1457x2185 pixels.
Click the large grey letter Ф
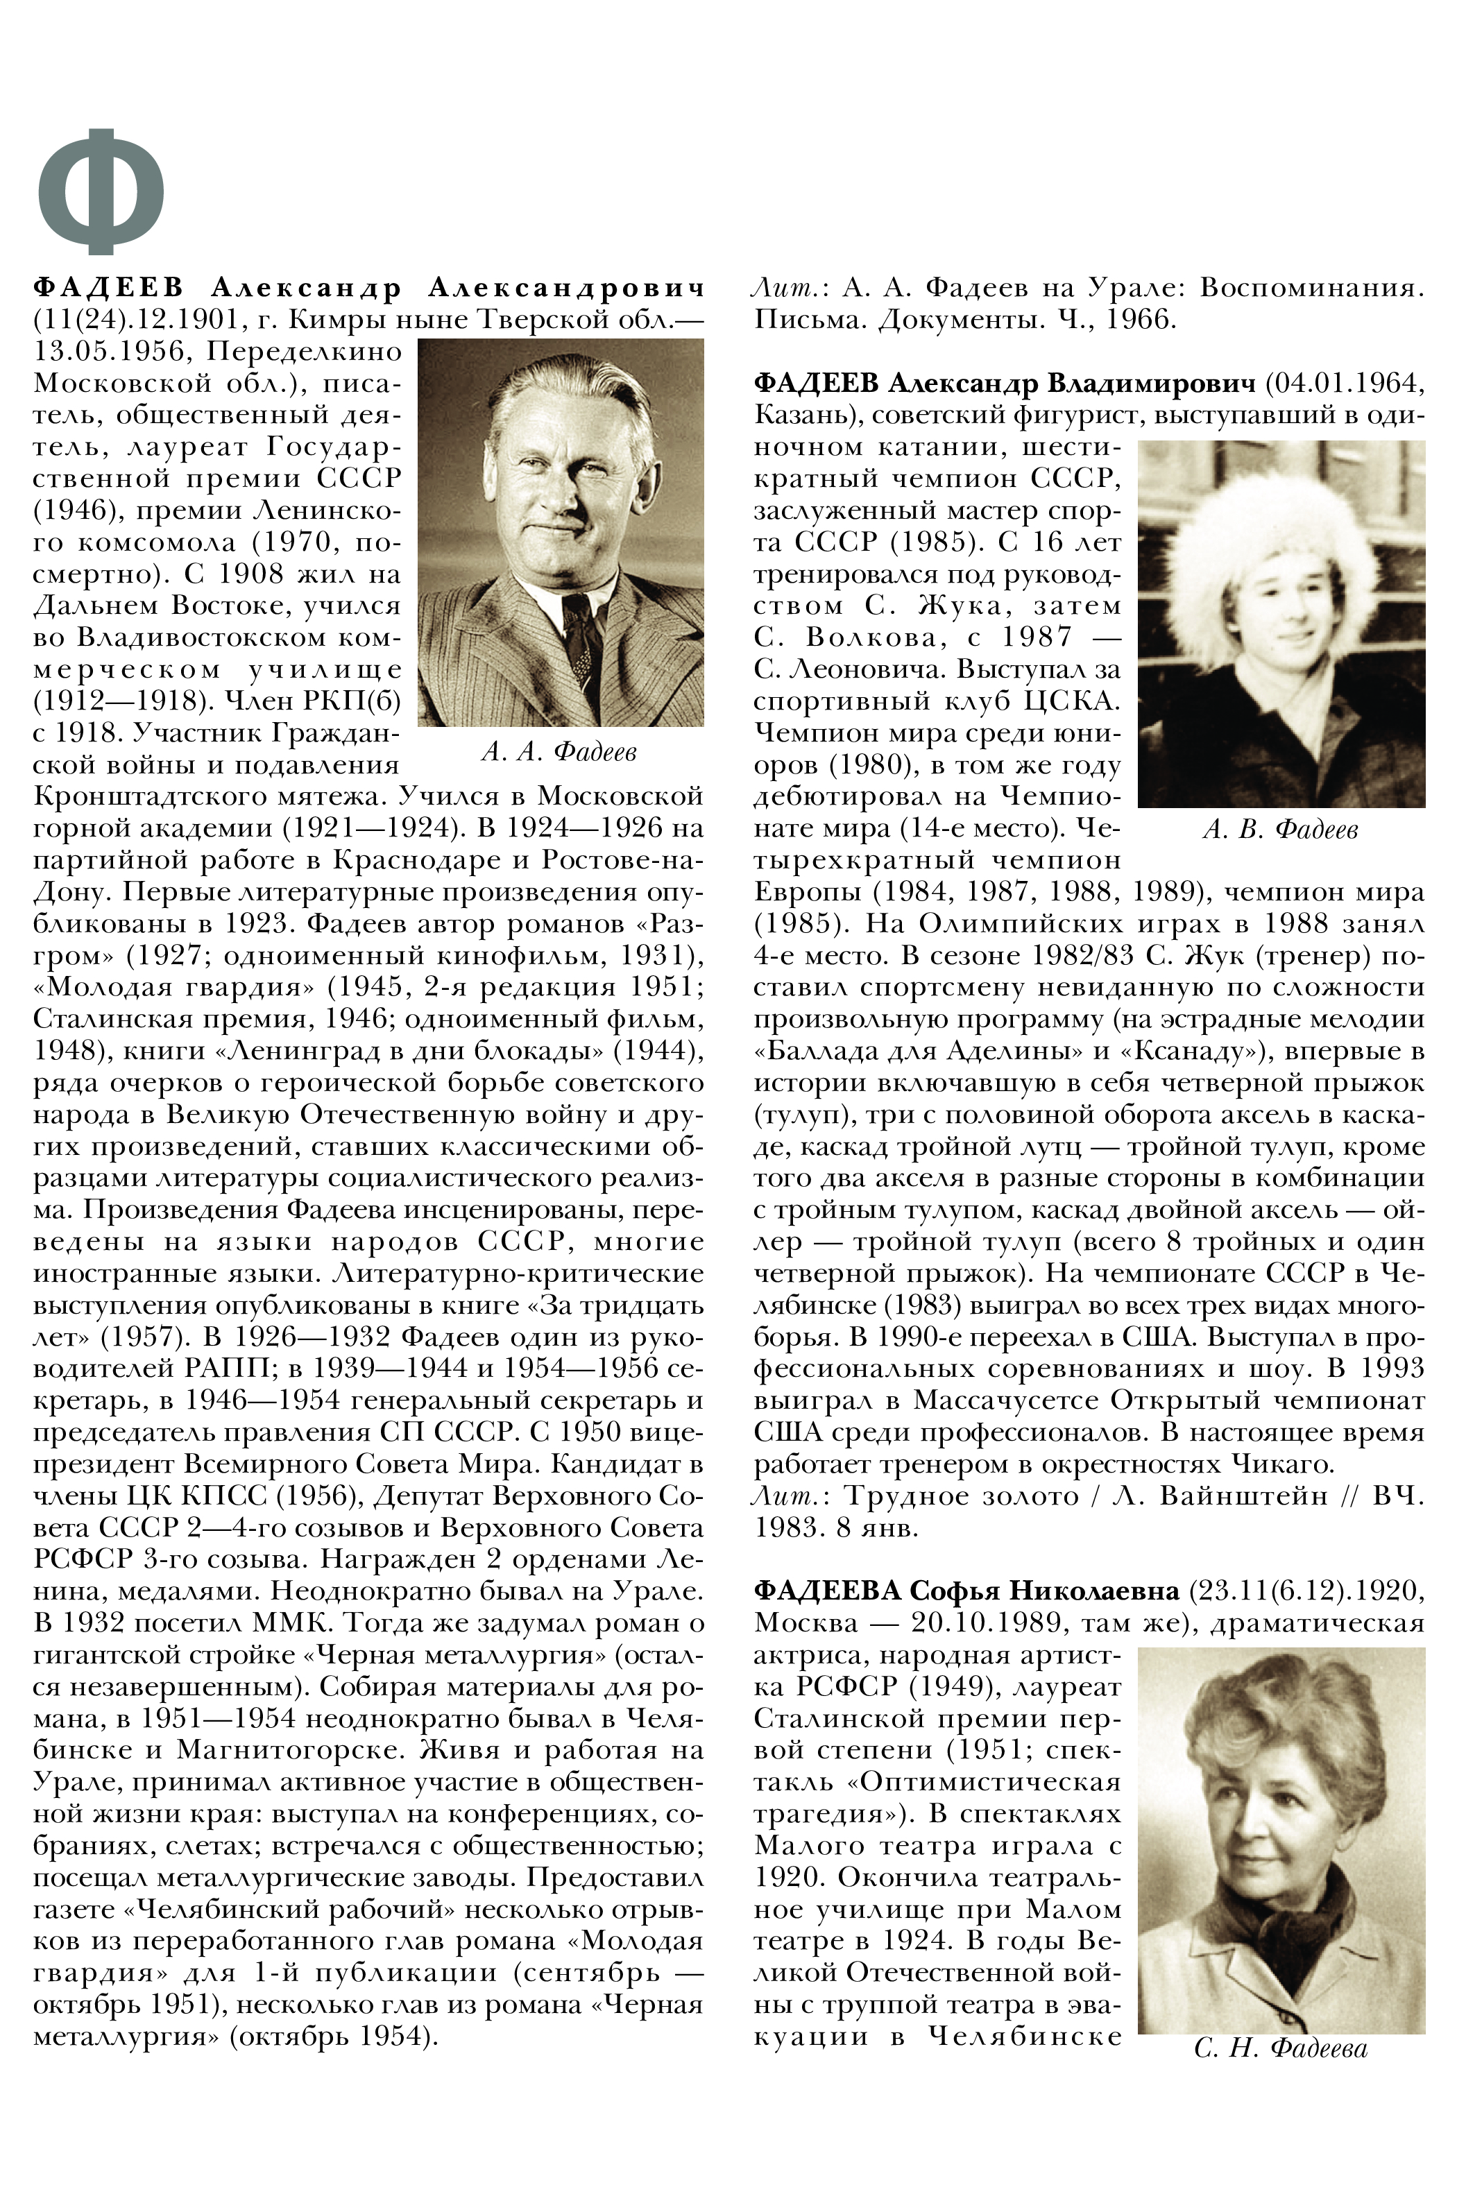pos(101,191)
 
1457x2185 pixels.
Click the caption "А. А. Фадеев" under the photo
pos(559,751)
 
